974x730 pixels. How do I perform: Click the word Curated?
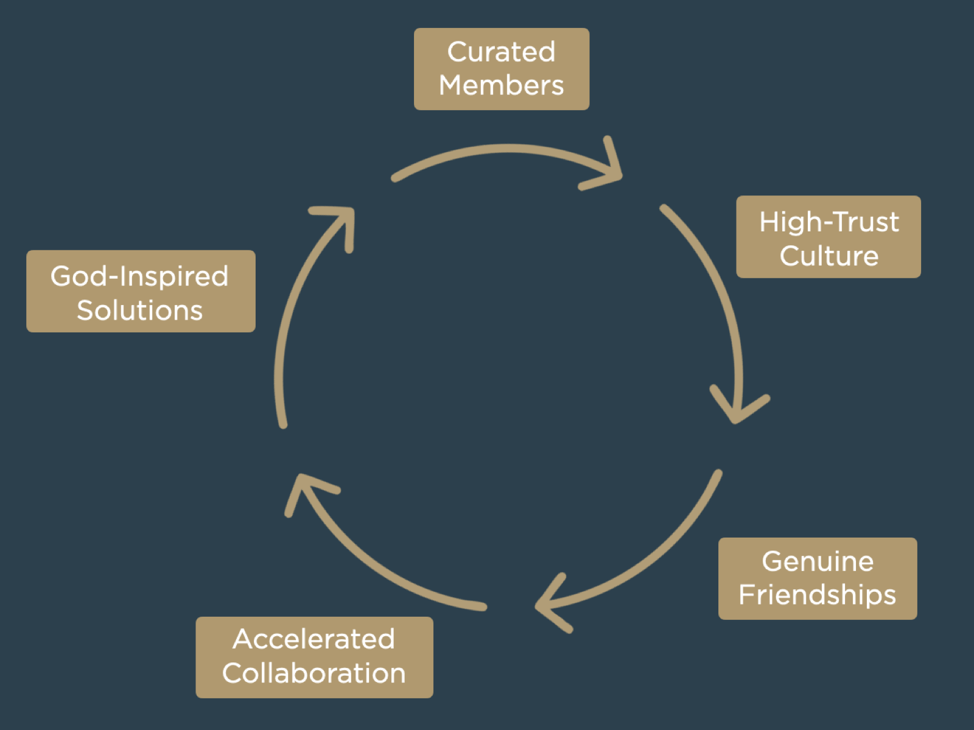[x=501, y=52]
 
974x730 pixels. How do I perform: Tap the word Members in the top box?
[x=501, y=85]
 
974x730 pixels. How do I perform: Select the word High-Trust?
[x=829, y=222]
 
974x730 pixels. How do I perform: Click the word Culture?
[x=829, y=256]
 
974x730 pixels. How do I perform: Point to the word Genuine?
[x=818, y=561]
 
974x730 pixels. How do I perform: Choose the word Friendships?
[x=817, y=595]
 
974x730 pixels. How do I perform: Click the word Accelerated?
[x=314, y=639]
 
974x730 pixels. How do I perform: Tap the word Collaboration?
[x=314, y=673]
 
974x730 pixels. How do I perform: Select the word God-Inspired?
[x=139, y=276]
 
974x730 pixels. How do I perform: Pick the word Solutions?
[x=139, y=311]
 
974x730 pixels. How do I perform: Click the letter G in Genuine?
[x=772, y=561]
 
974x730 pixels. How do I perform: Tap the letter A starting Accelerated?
[x=244, y=639]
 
